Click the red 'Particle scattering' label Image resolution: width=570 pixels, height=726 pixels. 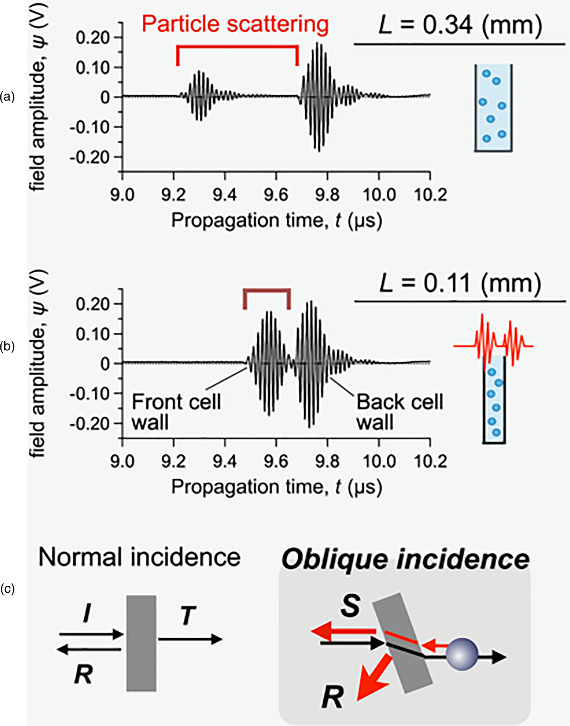coord(235,24)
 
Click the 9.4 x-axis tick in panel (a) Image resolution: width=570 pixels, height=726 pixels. coord(225,194)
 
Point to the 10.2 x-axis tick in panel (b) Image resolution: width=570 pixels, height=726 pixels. coord(430,461)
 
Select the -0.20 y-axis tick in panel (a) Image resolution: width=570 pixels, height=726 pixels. coord(89,157)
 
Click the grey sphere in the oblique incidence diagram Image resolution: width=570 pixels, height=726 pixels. coord(461,654)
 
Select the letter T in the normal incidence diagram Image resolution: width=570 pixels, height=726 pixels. coord(188,616)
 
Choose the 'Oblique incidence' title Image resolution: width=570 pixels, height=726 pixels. coord(405,559)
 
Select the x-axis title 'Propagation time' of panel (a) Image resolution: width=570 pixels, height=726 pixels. coord(276,220)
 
